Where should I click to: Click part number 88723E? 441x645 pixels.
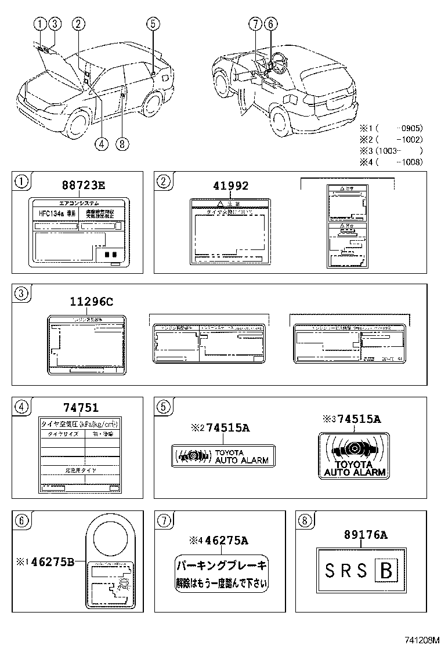click(x=84, y=186)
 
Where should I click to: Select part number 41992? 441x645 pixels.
click(x=231, y=186)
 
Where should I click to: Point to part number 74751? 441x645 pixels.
click(x=81, y=408)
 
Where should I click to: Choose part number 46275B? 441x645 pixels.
click(x=52, y=561)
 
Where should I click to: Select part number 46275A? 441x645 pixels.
click(x=225, y=541)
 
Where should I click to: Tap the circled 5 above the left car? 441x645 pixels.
click(x=152, y=24)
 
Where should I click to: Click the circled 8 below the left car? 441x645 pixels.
click(x=122, y=144)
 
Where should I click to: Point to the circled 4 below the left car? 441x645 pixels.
click(x=102, y=144)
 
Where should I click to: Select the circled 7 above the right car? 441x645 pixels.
click(x=255, y=24)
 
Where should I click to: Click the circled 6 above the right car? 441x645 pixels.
click(x=270, y=24)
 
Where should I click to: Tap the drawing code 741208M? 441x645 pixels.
click(x=421, y=638)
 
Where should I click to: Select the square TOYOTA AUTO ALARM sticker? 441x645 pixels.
click(x=354, y=455)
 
